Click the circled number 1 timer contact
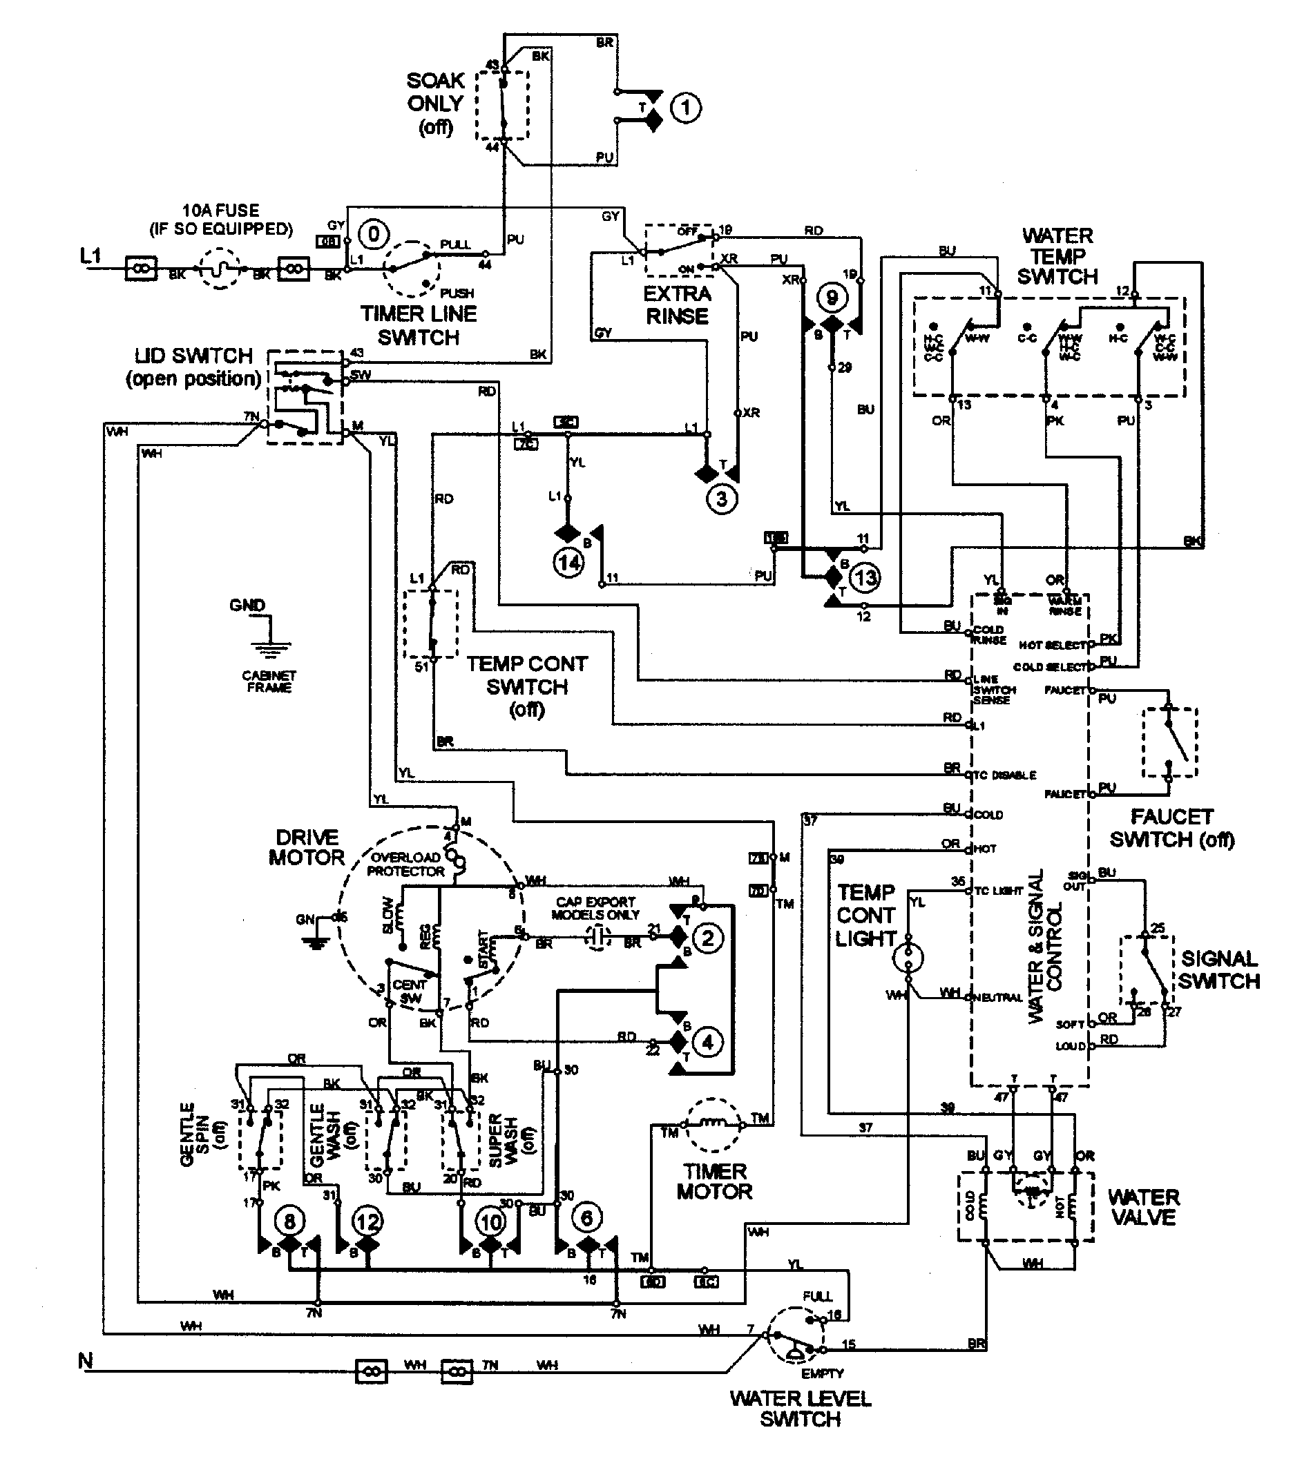coord(685,108)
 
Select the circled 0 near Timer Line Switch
coord(373,234)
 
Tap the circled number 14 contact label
coord(568,563)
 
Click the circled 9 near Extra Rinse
coord(832,297)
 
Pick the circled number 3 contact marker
coord(721,499)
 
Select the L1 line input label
coord(90,255)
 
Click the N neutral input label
coord(85,1361)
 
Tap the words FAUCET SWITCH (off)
coord(1171,828)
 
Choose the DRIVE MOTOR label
coord(306,847)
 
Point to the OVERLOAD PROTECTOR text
coord(405,864)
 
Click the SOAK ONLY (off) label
coord(436,104)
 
